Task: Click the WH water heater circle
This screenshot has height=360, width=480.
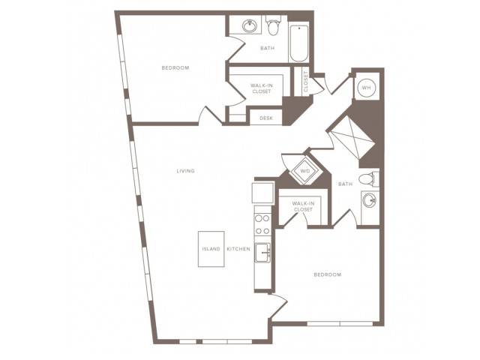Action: pos(367,88)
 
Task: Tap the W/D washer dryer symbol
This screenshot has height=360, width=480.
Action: pos(305,171)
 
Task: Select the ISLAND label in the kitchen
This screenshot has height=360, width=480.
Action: pos(211,249)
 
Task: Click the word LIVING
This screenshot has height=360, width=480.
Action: pos(186,171)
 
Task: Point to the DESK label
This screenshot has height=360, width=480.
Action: pos(266,118)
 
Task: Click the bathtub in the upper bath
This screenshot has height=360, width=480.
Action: pos(298,43)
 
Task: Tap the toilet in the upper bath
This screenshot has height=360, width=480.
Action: pos(273,25)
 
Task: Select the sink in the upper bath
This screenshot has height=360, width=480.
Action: pos(250,25)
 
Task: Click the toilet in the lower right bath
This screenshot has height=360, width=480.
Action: pos(369,179)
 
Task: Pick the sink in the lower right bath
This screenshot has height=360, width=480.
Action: pos(370,201)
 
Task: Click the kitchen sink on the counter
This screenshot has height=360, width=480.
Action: pos(262,253)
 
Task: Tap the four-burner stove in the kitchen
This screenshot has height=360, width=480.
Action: pos(262,225)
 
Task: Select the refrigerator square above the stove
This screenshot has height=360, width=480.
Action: pos(262,193)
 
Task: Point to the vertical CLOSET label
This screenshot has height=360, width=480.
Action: pos(306,82)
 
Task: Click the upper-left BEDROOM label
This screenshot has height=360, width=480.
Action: pos(175,68)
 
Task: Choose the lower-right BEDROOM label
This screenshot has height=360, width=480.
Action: pos(328,274)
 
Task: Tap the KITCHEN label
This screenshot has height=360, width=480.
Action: pos(238,249)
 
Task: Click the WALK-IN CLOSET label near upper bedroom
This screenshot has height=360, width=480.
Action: pos(262,88)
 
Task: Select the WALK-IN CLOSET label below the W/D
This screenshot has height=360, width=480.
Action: pos(303,207)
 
